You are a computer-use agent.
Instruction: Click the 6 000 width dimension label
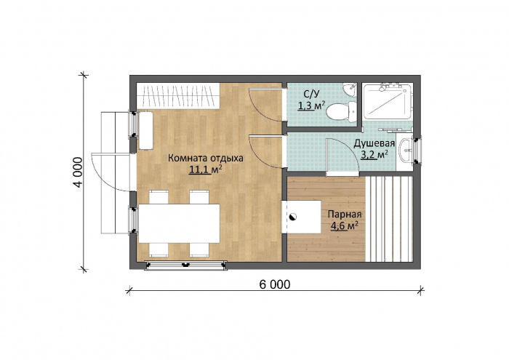(275, 284)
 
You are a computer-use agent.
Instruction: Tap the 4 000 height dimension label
(79, 172)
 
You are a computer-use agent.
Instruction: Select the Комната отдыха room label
(206, 159)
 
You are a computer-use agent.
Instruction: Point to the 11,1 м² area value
(206, 169)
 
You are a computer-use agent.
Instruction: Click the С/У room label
(311, 94)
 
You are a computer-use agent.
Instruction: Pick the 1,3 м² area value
(311, 105)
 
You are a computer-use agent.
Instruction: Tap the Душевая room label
(374, 143)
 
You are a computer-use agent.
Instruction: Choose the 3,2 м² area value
(374, 154)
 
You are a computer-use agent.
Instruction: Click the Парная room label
(345, 215)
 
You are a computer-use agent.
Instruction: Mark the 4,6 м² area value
(345, 225)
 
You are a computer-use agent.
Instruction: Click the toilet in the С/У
(341, 111)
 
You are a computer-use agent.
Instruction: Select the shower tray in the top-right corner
(388, 101)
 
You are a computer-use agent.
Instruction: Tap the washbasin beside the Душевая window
(406, 150)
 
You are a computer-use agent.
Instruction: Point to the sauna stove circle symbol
(292, 217)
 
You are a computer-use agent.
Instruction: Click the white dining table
(179, 223)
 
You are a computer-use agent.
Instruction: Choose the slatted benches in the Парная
(389, 219)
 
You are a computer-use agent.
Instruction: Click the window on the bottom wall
(185, 265)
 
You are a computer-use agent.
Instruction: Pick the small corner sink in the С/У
(350, 89)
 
